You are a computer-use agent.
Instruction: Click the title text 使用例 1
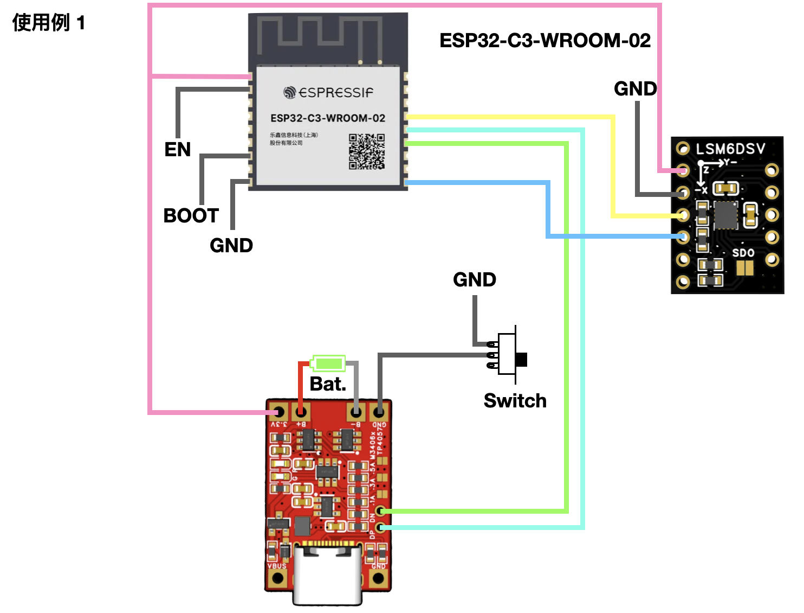point(49,23)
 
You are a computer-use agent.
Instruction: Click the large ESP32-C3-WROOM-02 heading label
point(544,41)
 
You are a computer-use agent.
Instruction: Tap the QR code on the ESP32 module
point(367,151)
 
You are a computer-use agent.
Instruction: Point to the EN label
point(178,149)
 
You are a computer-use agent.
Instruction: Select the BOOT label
point(191,215)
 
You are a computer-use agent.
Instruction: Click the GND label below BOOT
point(231,245)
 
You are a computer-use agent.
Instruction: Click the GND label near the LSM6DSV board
point(635,88)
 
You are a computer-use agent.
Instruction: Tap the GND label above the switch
point(475,279)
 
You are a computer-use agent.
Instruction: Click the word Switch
point(515,400)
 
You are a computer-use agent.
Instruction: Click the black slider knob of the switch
point(521,359)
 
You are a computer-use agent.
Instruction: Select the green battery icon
point(328,363)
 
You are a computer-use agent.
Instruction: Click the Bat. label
point(328,384)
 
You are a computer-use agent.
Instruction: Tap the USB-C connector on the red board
point(327,575)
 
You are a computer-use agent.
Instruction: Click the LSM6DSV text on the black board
point(730,149)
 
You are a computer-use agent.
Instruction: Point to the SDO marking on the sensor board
point(743,253)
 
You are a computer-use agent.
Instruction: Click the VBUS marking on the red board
point(277,566)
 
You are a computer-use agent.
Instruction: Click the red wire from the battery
point(301,385)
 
